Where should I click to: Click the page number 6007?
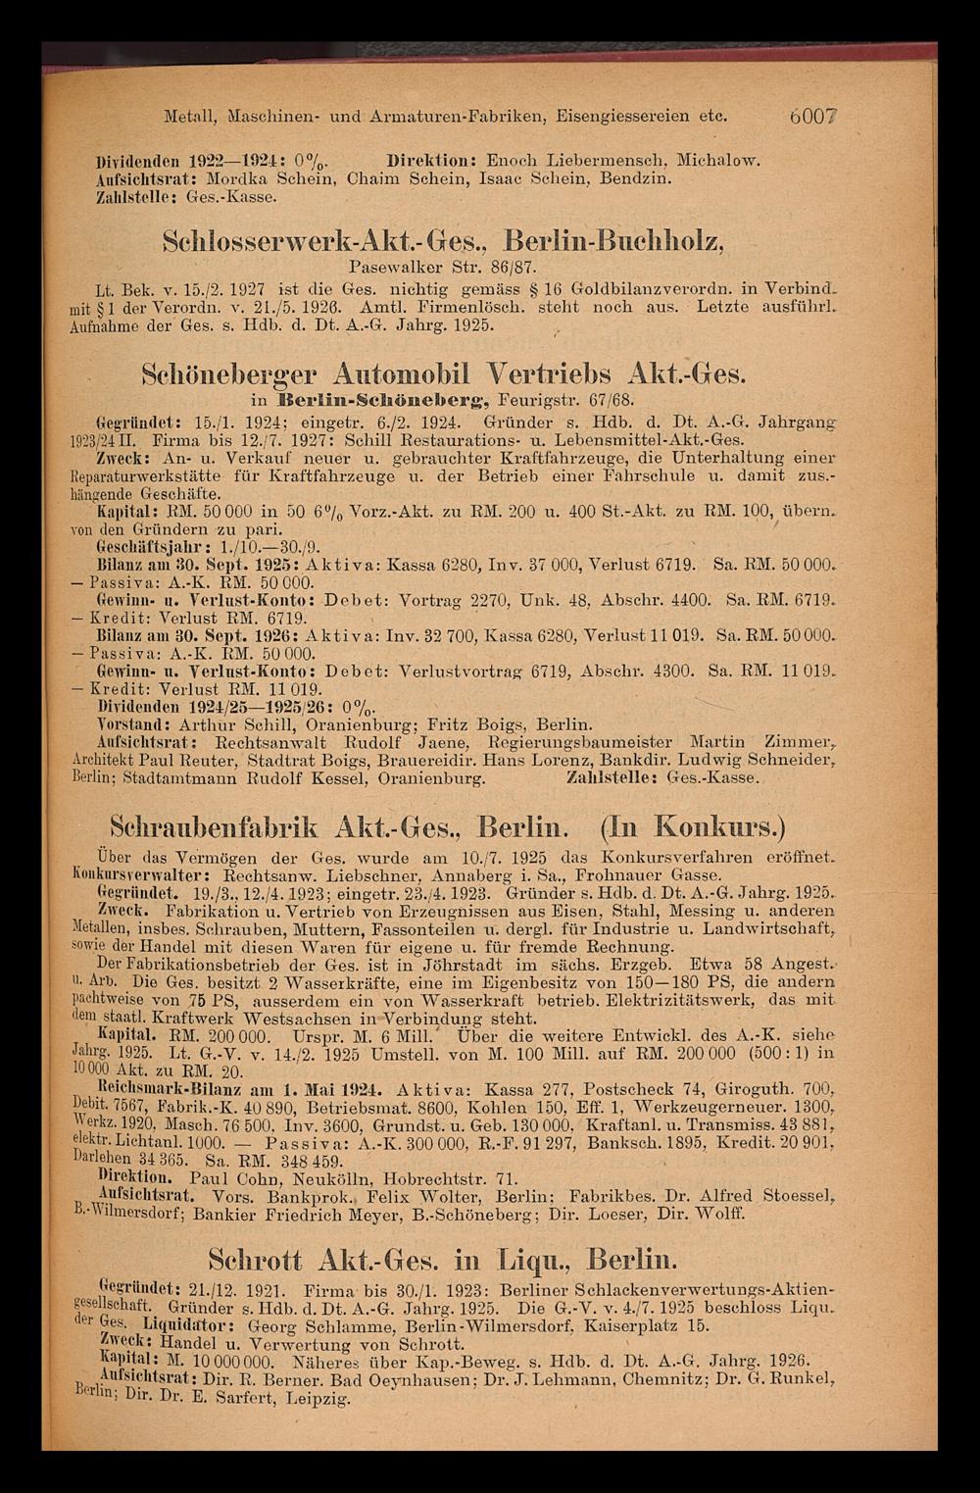click(x=823, y=115)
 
